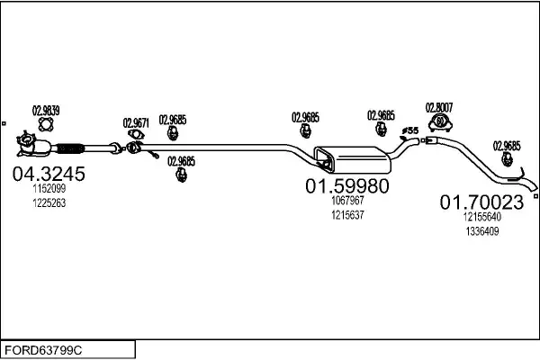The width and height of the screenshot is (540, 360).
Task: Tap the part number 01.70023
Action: tap(481, 202)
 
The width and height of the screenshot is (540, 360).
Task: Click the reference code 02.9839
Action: tap(46, 112)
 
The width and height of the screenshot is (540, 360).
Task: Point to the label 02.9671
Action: tap(136, 122)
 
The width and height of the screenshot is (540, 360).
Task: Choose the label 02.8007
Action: tap(439, 105)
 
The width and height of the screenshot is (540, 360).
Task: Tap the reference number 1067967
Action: tap(346, 202)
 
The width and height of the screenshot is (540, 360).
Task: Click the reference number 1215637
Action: tap(346, 215)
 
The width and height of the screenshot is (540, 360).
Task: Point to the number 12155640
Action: tap(481, 217)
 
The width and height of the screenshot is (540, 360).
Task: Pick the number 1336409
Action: tap(481, 231)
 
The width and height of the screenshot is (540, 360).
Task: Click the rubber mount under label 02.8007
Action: tap(439, 121)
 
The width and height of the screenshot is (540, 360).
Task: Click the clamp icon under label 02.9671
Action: tap(135, 136)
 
